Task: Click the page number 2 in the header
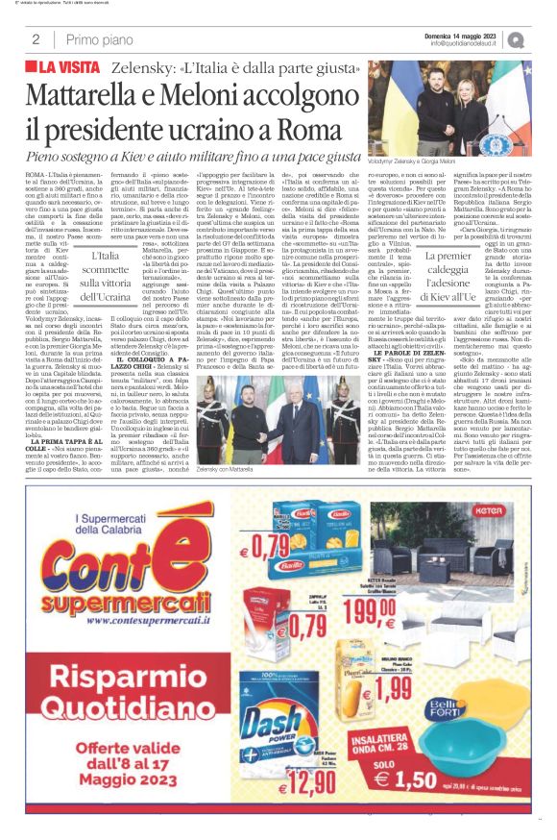(x=36, y=39)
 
